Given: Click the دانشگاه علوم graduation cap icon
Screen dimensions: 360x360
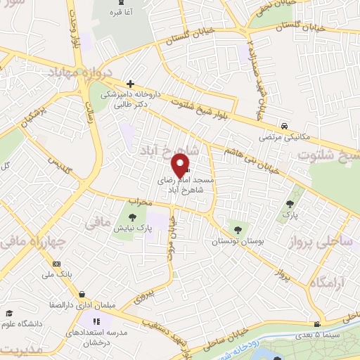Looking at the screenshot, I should coord(9,313).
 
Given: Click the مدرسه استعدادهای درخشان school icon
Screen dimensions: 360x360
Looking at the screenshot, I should coord(89,321).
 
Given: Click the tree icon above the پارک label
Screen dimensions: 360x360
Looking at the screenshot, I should coord(289,205).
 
